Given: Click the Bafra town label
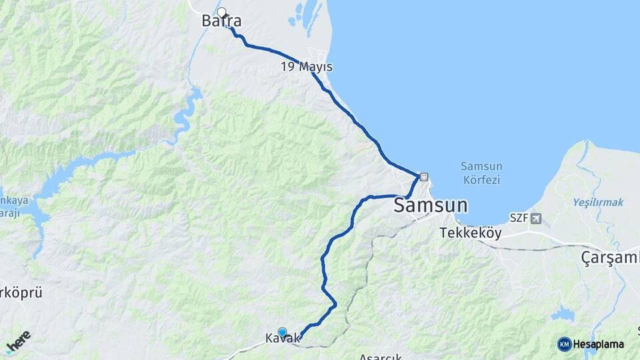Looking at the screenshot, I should tap(221, 22).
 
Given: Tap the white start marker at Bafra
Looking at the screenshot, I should tap(222, 12).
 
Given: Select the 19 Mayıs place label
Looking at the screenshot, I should tap(307, 67).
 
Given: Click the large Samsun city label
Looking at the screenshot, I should tap(430, 205).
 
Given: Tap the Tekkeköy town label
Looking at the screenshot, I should tap(471, 233).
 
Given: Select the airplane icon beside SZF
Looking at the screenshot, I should tap(536, 218).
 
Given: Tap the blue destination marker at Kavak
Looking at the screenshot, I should tap(282, 332).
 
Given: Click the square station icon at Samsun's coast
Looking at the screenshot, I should tap(424, 177).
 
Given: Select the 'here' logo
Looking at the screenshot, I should tap(18, 342).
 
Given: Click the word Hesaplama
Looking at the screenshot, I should tap(599, 344).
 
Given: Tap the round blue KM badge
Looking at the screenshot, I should tap(565, 344).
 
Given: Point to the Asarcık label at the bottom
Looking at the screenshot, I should tap(381, 356).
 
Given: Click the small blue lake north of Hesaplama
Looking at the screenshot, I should tap(563, 313).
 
